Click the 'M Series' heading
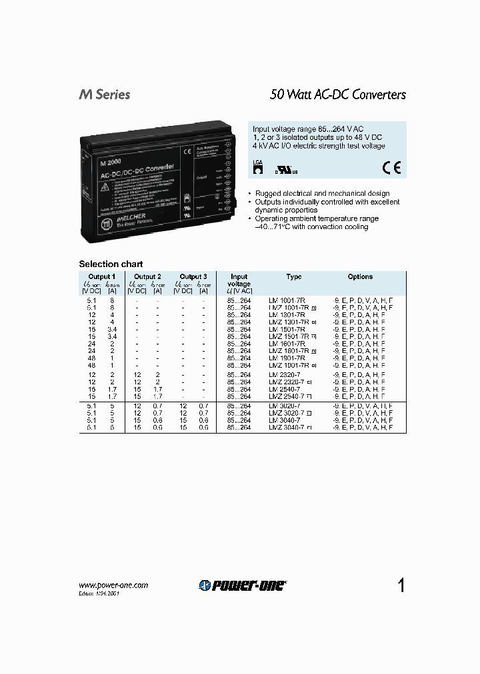tap(105, 95)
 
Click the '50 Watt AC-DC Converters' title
tap(337, 95)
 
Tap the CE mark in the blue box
tap(391, 168)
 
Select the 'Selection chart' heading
tap(111, 264)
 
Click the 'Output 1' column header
tap(101, 276)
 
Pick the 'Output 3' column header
tap(193, 276)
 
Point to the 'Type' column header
tap(293, 276)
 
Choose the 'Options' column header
tap(360, 276)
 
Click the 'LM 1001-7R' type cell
tap(287, 301)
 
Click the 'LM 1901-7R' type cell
tap(287, 358)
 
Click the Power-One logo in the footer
tap(243, 585)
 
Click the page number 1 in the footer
tap(401, 585)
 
